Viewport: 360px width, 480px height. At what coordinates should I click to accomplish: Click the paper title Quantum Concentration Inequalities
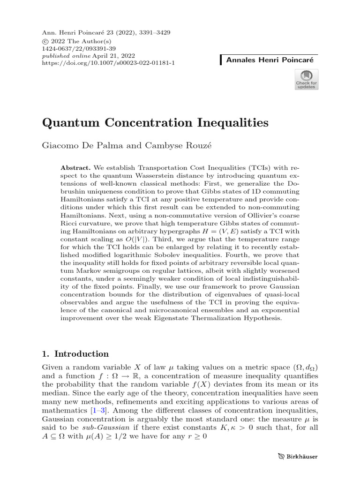pyautogui.click(x=155, y=123)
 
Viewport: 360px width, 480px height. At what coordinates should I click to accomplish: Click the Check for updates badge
pyautogui.click(x=306, y=79)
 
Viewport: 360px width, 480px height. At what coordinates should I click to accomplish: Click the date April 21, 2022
pyautogui.click(x=103, y=55)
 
